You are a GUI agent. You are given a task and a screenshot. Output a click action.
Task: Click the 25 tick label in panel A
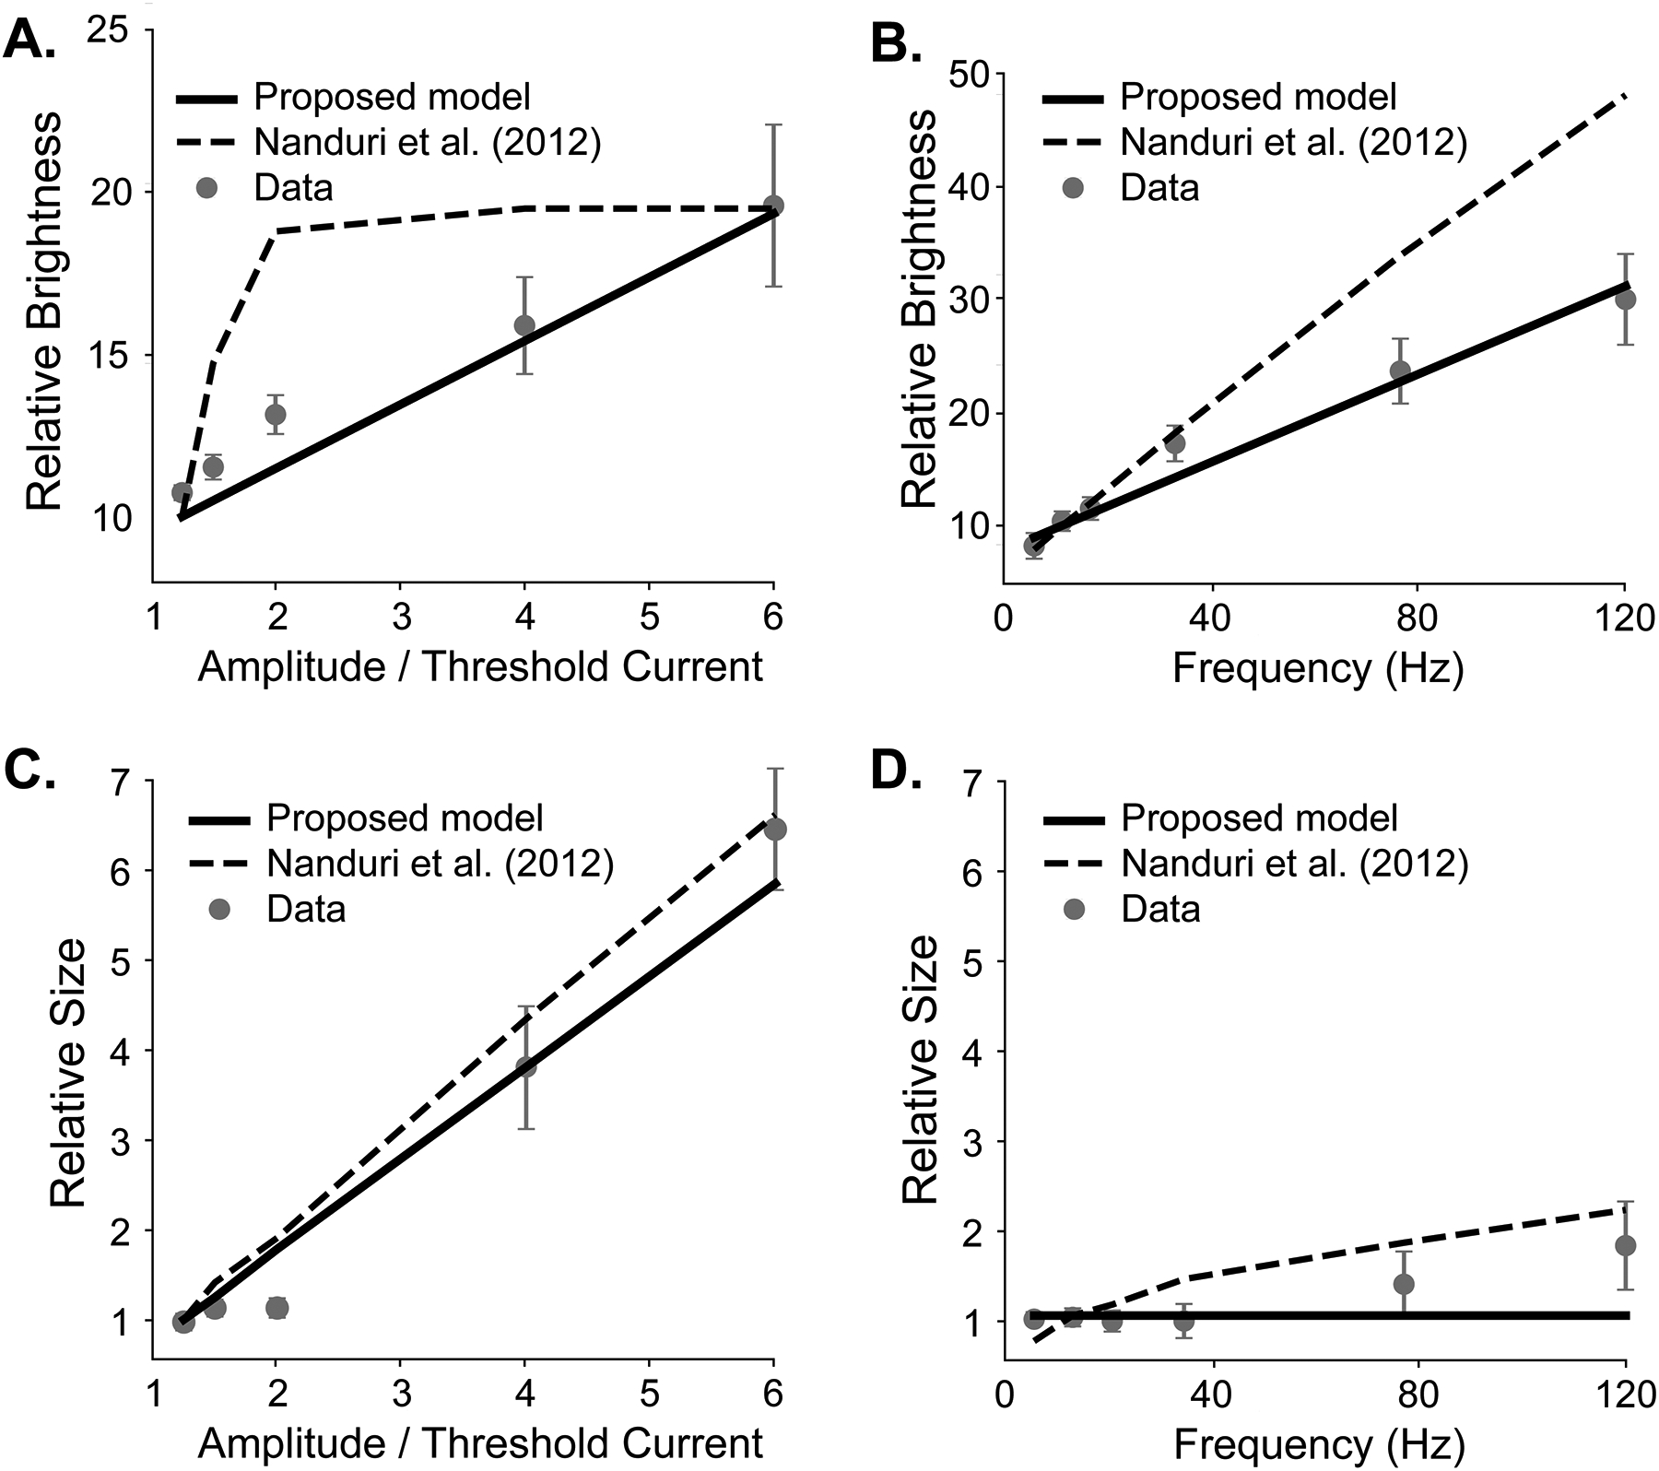click(110, 29)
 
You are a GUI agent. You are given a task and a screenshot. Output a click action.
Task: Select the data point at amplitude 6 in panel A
click(773, 206)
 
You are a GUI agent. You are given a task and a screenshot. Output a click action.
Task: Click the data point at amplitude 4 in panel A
click(524, 325)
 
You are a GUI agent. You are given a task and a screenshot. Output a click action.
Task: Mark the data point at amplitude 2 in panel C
click(276, 1307)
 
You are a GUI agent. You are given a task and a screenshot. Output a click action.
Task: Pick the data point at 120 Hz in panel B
click(1625, 300)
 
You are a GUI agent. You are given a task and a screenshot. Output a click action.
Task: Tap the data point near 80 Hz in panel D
click(1404, 1284)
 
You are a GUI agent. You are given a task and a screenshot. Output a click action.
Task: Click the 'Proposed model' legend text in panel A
click(393, 97)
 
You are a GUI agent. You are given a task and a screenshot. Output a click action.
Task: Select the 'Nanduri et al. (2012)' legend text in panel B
click(1293, 142)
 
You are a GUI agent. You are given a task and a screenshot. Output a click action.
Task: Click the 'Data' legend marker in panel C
click(219, 909)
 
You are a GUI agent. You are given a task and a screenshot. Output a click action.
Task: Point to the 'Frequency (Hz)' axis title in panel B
click(1318, 667)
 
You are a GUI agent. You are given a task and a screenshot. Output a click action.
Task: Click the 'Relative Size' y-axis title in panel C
click(68, 1072)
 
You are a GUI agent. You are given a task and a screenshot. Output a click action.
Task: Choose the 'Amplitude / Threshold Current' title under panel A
click(479, 667)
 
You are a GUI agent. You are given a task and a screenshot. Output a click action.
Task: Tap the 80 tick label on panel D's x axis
click(1417, 1394)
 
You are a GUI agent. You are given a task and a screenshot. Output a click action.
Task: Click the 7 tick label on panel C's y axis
click(122, 781)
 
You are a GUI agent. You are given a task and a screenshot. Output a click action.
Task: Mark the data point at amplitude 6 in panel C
click(775, 829)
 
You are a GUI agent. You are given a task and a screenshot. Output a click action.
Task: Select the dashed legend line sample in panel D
click(1073, 864)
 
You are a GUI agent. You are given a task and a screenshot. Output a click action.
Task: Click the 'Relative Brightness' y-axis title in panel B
click(918, 310)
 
